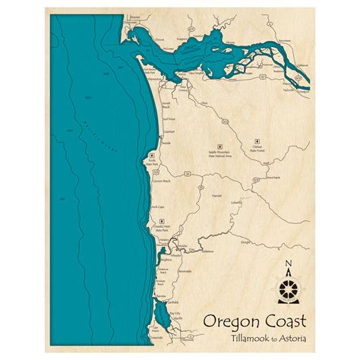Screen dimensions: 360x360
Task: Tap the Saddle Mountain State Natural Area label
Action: pyautogui.click(x=219, y=154)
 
